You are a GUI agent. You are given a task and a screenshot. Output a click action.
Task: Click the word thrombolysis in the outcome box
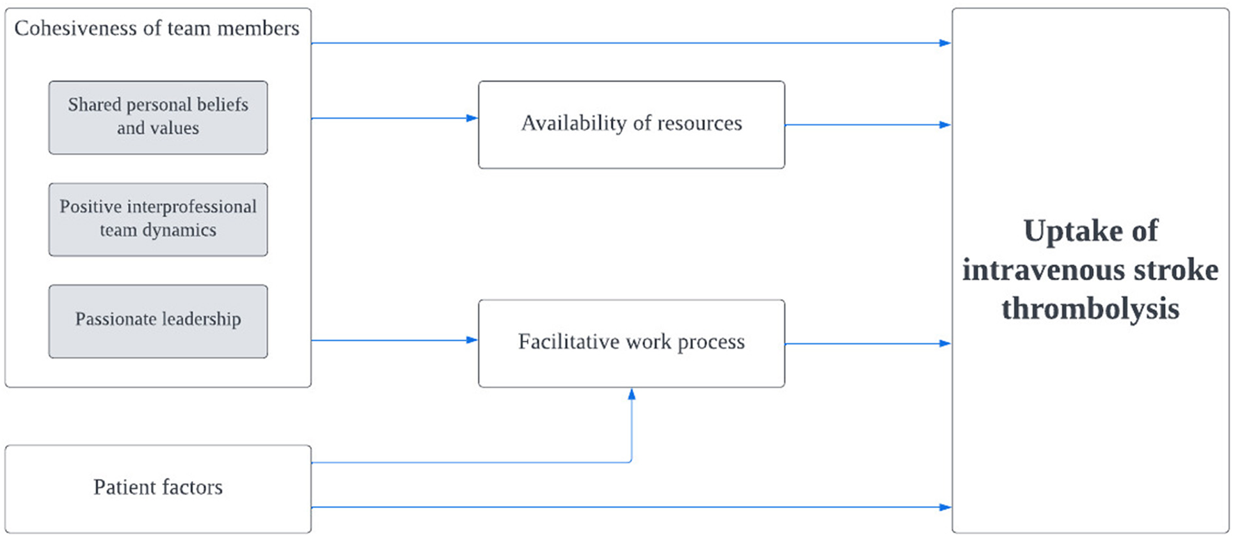point(1090,308)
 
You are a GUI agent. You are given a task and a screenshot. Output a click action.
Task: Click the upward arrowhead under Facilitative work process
point(632,394)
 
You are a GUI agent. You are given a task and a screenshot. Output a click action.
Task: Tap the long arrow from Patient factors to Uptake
point(626,507)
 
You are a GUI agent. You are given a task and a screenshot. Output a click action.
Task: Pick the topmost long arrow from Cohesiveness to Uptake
point(626,43)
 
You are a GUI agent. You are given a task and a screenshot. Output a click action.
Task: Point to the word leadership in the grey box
point(202,320)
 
